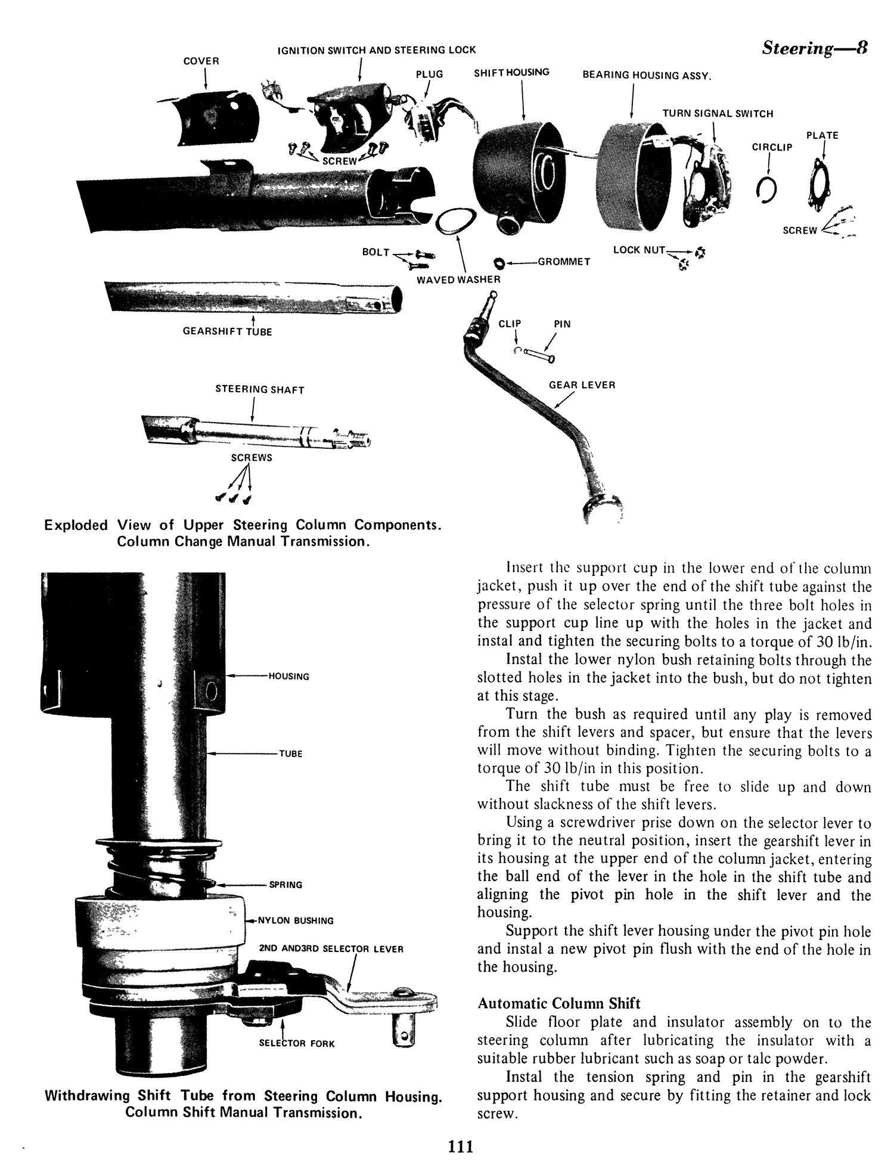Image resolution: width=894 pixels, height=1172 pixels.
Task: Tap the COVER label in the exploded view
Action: coord(201,61)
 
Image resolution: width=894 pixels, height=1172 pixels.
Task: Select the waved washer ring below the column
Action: coord(457,222)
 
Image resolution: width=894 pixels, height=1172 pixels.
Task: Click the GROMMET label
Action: coord(563,262)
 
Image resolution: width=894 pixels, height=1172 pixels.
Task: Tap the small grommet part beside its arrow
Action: coord(499,263)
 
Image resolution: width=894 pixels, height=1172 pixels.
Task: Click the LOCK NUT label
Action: coord(639,250)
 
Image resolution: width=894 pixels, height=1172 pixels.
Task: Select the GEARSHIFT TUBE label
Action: coord(227,331)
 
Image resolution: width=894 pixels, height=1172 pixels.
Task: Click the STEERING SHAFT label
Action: coord(259,390)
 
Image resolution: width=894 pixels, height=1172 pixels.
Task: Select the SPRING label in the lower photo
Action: coord(285,885)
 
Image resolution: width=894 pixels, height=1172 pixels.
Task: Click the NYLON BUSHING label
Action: coord(295,920)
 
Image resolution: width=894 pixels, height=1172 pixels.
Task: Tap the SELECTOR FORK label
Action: coord(297,1043)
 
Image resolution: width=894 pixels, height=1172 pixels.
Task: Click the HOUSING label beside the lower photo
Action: coord(288,676)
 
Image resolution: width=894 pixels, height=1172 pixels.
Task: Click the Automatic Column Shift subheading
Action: coord(558,1003)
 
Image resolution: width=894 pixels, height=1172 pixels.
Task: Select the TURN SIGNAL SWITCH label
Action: coord(718,114)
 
